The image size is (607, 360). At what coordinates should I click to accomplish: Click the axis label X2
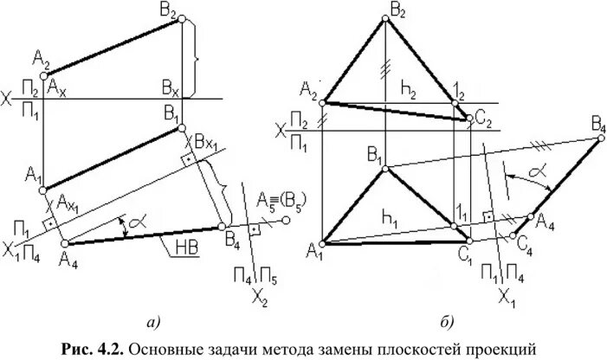point(258,300)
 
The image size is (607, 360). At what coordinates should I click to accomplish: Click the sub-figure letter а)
point(154,323)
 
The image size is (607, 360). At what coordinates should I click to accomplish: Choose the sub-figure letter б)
point(447,323)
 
